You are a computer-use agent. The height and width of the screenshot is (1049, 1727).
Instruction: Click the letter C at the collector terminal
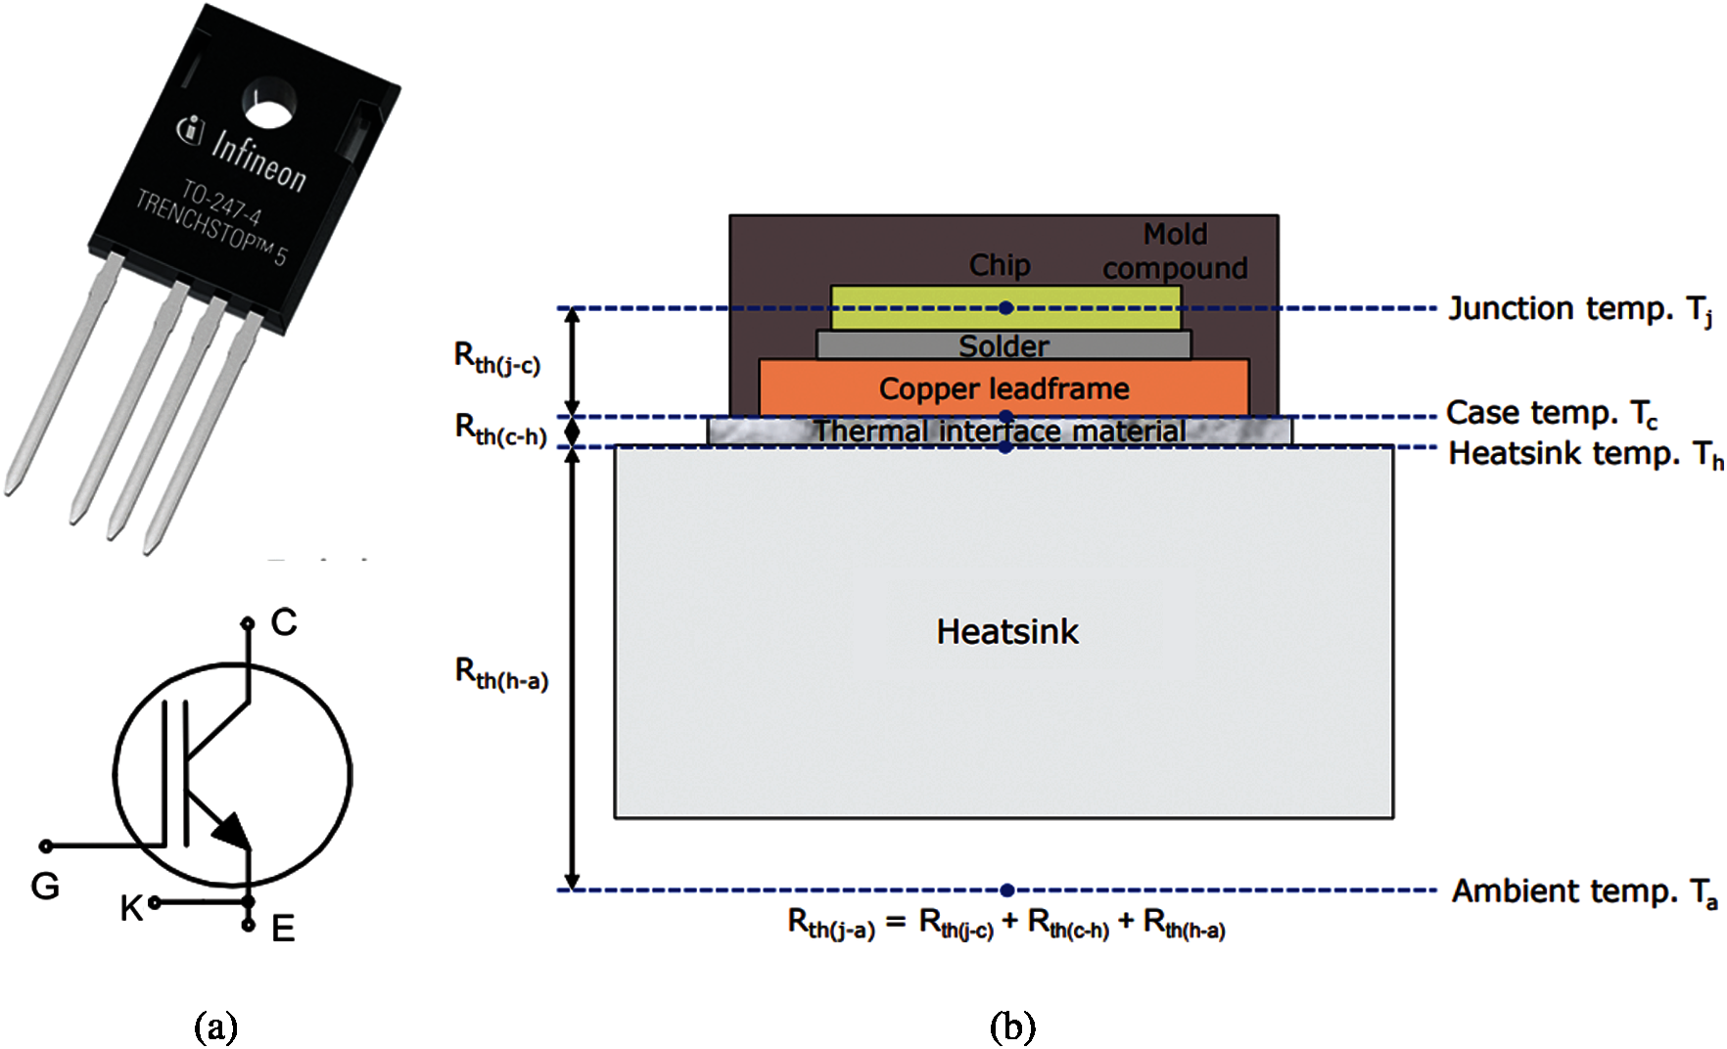284,622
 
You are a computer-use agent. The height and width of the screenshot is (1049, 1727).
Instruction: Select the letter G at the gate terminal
45,887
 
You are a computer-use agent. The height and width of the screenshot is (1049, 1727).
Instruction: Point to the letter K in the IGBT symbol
131,908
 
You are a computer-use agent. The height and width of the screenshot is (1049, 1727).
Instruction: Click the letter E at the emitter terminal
283,929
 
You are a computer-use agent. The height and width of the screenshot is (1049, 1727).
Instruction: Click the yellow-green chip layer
1005,307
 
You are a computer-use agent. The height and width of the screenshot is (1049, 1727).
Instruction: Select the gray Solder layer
1004,344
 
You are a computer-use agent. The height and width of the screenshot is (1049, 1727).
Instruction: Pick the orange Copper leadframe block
1004,388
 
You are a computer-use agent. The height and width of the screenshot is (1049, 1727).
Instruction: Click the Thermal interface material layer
1000,432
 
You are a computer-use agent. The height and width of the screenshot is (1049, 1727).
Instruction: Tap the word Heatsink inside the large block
1007,631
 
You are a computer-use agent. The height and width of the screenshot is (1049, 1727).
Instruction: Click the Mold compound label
1175,251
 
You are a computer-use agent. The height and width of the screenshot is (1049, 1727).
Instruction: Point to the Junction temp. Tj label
1580,309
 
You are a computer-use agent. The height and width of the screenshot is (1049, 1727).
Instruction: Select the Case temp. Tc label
1552,413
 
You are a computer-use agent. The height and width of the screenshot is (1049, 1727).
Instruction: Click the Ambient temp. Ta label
1584,891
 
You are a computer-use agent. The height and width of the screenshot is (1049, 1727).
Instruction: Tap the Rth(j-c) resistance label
497,358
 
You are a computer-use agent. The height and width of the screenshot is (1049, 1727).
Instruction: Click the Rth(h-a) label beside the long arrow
501,673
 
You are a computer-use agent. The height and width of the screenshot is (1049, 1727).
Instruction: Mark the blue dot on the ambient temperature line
1006,890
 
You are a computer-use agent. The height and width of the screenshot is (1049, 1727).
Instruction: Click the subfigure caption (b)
1012,1026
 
